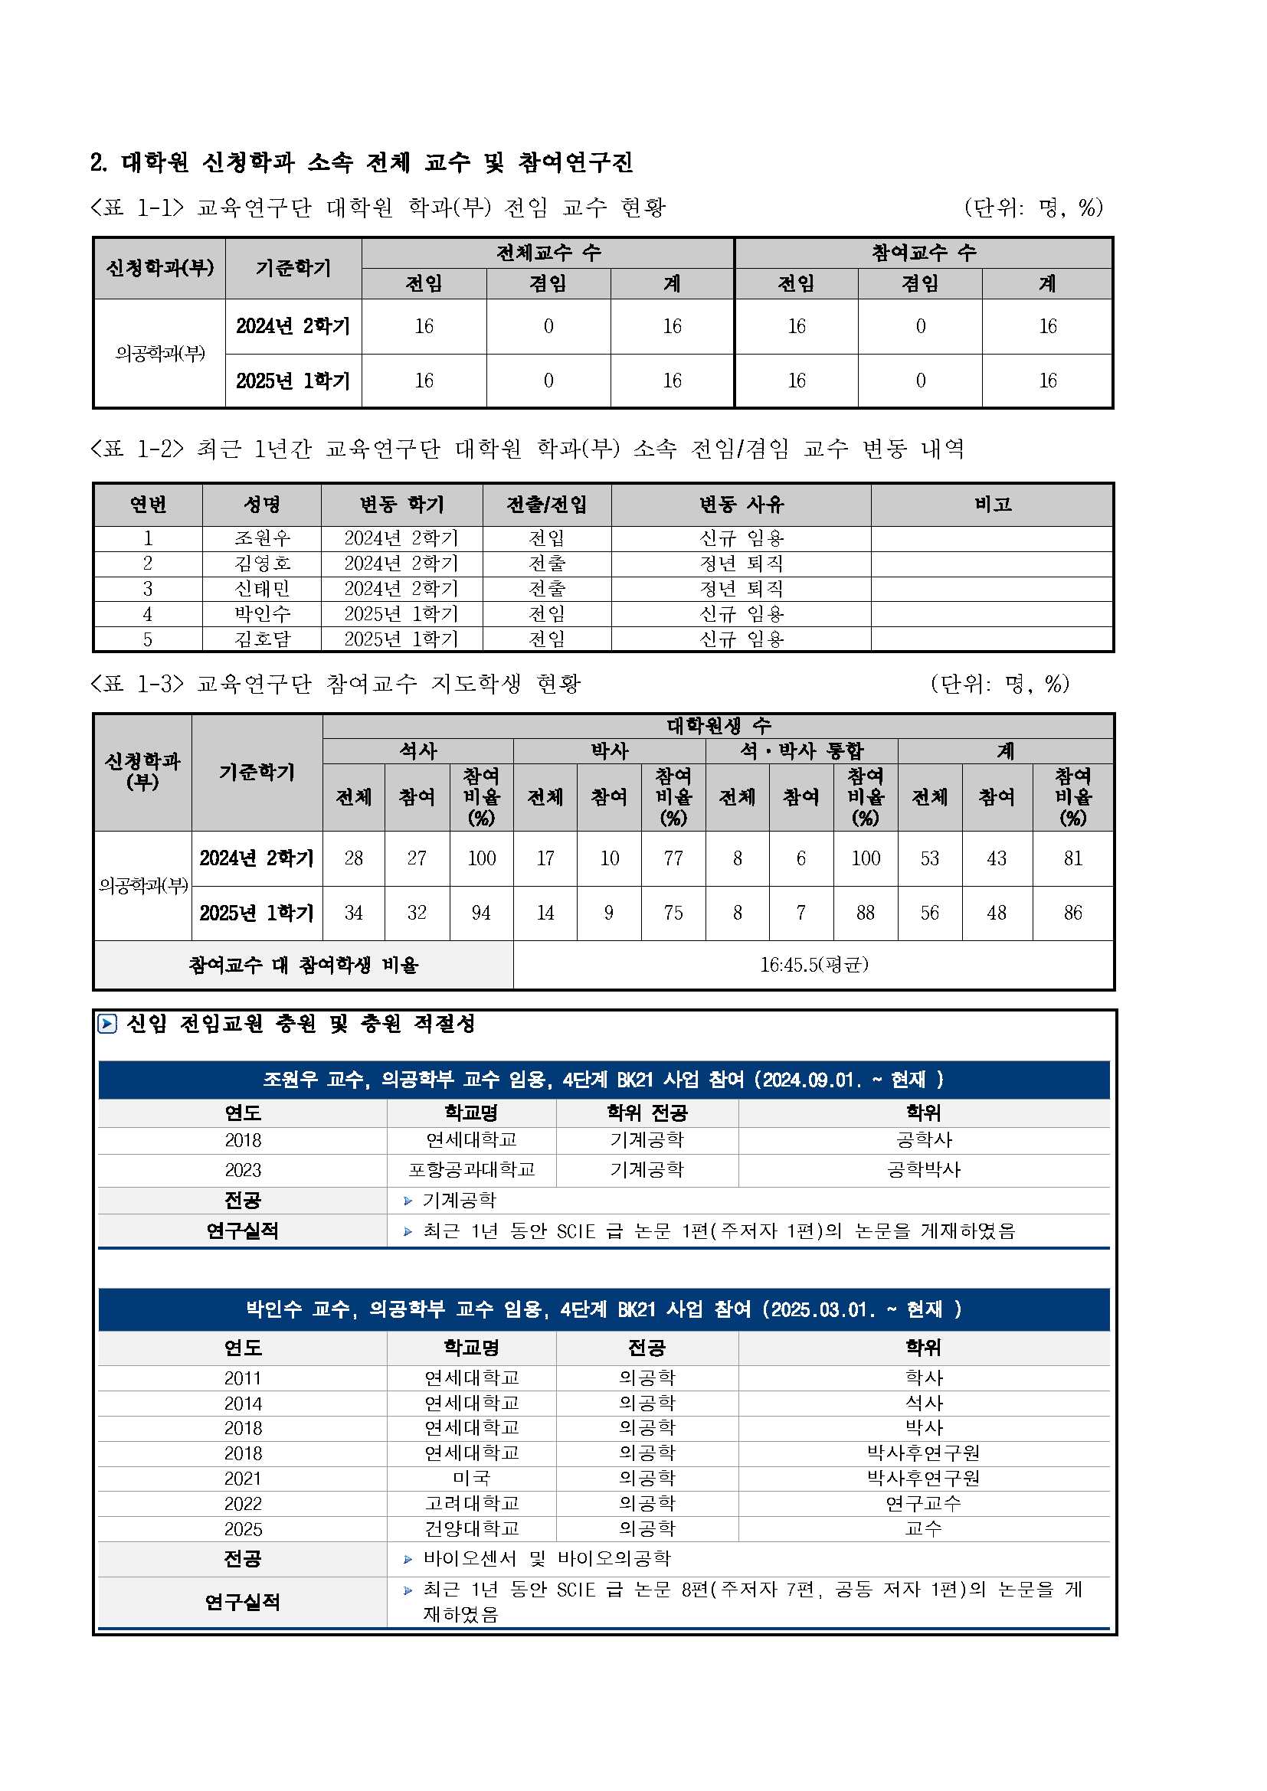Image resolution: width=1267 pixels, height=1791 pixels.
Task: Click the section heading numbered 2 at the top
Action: [362, 162]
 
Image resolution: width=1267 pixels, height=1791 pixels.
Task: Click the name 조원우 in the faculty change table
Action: [262, 538]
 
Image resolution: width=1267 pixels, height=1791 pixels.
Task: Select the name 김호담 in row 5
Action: [262, 639]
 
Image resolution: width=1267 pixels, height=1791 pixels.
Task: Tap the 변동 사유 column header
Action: [741, 505]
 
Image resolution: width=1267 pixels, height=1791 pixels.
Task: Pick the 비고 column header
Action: [992, 505]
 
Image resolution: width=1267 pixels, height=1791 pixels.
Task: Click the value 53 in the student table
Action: [929, 858]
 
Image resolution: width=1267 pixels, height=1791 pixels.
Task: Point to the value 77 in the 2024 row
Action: [673, 858]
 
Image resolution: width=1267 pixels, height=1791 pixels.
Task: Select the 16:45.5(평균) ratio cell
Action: [814, 965]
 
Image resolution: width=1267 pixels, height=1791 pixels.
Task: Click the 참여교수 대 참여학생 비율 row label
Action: [303, 965]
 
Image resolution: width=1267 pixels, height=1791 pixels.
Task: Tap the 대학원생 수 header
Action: [718, 725]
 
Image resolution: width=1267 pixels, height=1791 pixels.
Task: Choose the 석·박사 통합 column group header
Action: [801, 750]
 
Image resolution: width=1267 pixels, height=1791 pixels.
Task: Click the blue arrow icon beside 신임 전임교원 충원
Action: [107, 1024]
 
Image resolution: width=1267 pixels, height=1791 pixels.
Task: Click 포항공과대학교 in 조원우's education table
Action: [471, 1169]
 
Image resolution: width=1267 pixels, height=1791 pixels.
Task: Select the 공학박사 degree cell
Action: [924, 1169]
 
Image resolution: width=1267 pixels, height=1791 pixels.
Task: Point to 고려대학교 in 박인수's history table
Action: [471, 1503]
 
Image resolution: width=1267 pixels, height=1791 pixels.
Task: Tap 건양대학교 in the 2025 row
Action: [471, 1528]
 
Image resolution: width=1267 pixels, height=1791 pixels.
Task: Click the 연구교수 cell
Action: [924, 1503]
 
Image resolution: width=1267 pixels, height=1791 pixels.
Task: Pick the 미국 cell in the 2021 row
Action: [471, 1478]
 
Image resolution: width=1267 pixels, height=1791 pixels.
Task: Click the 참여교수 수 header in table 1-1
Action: [923, 252]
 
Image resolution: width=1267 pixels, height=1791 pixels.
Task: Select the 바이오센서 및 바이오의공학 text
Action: [546, 1558]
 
